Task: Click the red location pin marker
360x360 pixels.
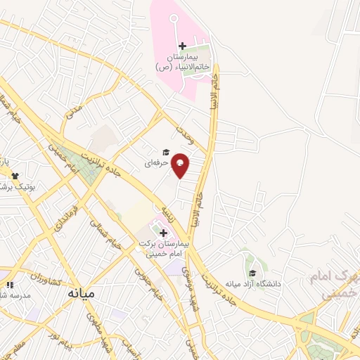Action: click(x=181, y=165)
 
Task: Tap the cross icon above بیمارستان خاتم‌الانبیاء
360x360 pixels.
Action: click(x=182, y=46)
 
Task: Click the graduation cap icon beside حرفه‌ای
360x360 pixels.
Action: click(x=166, y=152)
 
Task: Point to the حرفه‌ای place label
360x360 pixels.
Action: click(x=155, y=162)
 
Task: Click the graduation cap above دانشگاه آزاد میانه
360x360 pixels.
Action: click(x=252, y=274)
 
